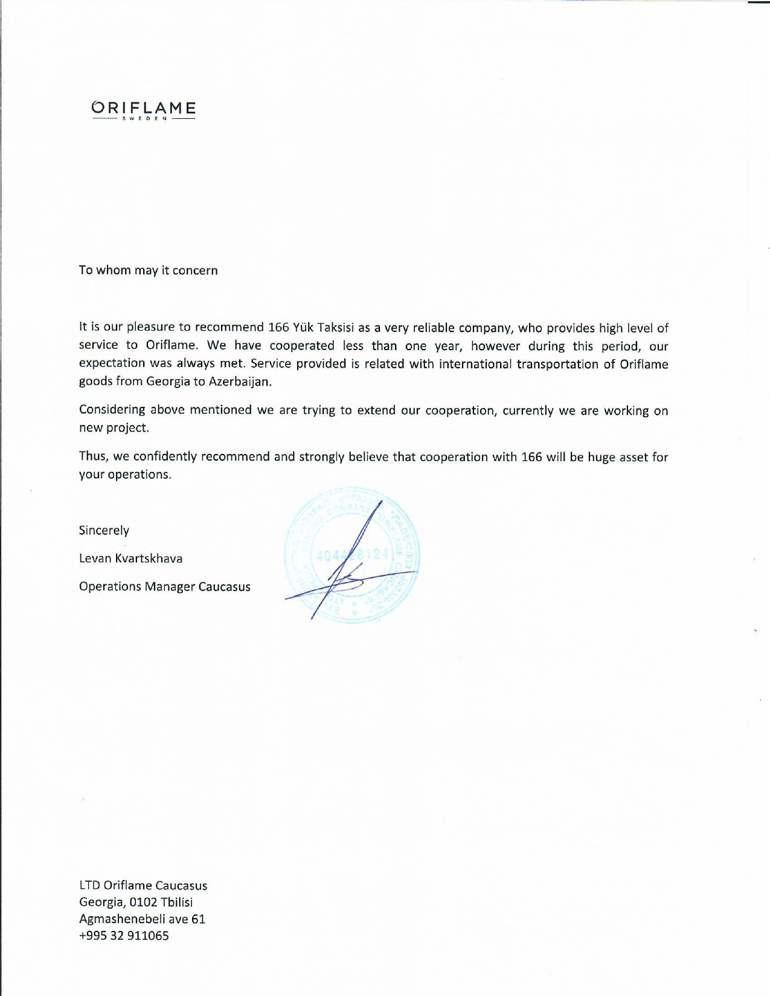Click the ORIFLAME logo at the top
(x=144, y=107)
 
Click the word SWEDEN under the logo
(x=144, y=118)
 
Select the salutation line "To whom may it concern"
(x=148, y=270)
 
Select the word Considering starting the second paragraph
(x=112, y=410)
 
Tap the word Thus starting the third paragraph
(x=92, y=456)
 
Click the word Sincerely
(x=104, y=531)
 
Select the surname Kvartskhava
(x=149, y=558)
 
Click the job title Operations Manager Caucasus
(x=164, y=587)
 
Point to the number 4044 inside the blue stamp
(x=332, y=555)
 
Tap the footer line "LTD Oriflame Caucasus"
(x=143, y=886)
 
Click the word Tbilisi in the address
(x=177, y=902)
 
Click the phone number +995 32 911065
(x=124, y=936)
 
